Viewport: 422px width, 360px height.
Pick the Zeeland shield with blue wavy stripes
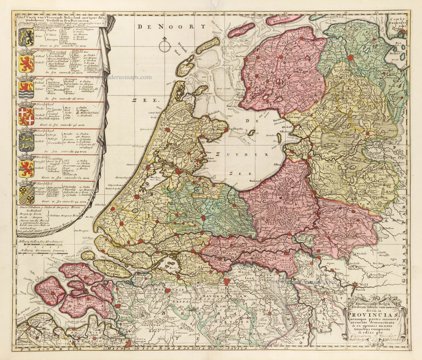pyautogui.click(x=26, y=89)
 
